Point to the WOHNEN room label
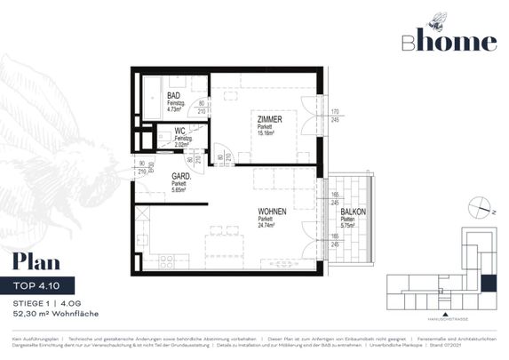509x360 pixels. coord(273,212)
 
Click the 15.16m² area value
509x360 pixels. coord(269,133)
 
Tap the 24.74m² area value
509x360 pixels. coord(267,226)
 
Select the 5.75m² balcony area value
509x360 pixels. coord(354,226)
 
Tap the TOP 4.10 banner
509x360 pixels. coord(44,285)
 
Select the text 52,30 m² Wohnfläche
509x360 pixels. coord(55,314)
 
